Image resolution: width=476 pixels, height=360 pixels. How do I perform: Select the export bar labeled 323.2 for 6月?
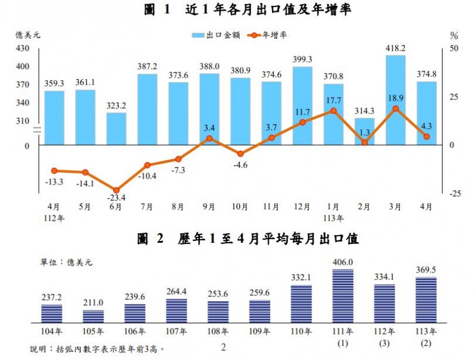click(116, 129)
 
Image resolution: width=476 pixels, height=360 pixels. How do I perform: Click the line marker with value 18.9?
click(395, 108)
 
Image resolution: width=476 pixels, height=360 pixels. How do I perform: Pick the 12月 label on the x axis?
click(302, 207)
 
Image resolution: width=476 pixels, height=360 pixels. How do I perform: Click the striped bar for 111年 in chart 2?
click(343, 295)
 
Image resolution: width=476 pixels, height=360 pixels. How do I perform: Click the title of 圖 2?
click(246, 240)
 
